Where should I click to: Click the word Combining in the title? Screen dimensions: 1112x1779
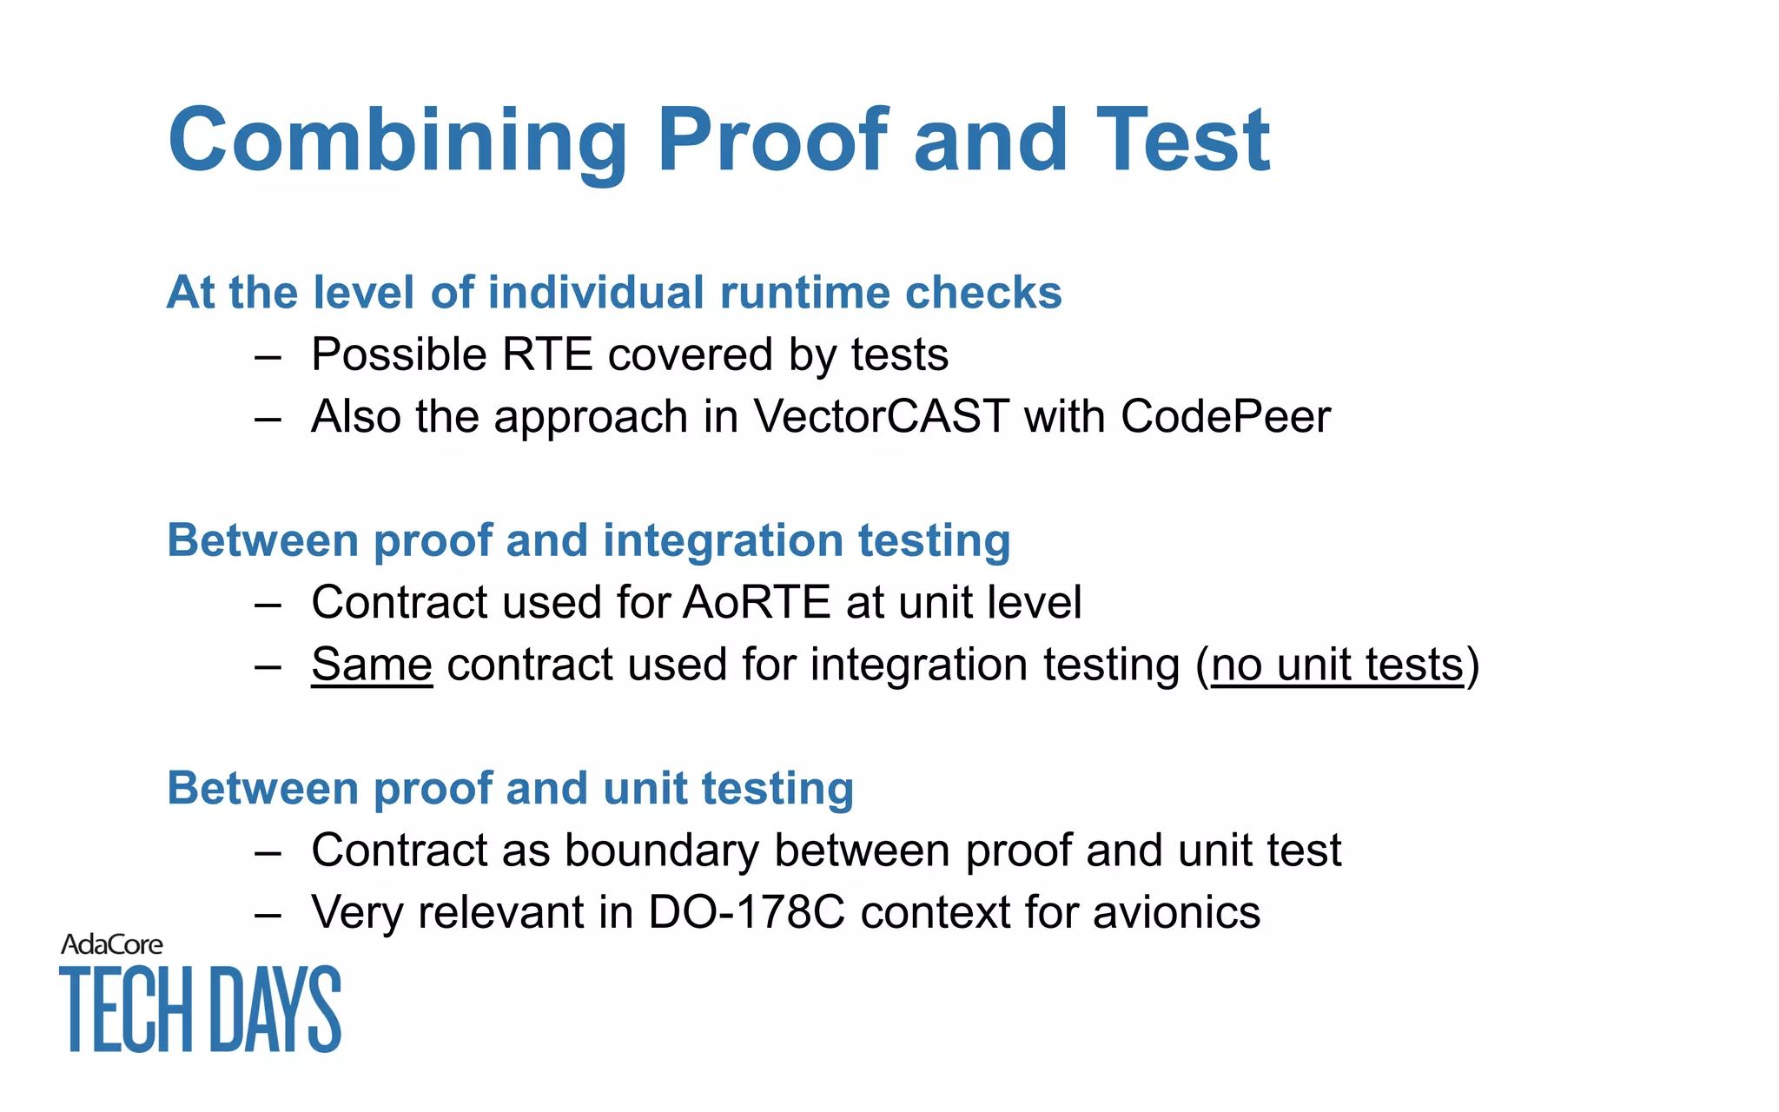[397, 141]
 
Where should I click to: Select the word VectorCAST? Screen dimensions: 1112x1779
[881, 416]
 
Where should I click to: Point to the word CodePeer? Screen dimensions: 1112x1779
[1225, 416]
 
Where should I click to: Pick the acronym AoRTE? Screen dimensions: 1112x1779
[757, 602]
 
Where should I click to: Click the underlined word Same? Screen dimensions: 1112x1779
[372, 665]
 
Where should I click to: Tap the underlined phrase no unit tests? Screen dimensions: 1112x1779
[1337, 665]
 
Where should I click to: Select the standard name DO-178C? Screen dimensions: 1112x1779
[746, 912]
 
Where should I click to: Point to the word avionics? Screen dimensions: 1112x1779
[1176, 912]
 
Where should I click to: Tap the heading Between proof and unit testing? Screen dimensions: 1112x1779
[510, 789]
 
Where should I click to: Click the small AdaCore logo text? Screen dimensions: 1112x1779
[111, 944]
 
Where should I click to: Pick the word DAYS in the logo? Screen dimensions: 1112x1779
[276, 1009]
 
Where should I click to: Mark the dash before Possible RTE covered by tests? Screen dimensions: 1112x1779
[268, 356]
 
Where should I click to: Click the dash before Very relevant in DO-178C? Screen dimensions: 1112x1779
[268, 914]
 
